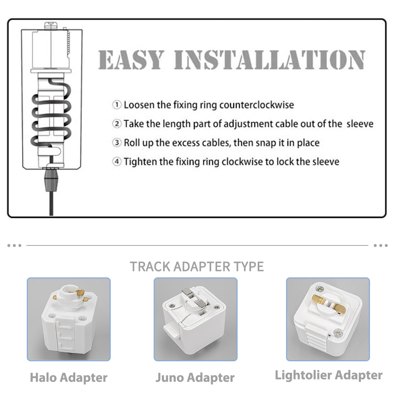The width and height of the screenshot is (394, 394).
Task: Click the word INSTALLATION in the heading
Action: pyautogui.click(x=269, y=59)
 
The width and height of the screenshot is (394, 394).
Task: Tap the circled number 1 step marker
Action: pyautogui.click(x=117, y=105)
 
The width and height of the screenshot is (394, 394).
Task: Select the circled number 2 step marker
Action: pyautogui.click(x=117, y=124)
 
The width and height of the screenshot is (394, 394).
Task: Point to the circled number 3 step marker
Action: pyautogui.click(x=117, y=143)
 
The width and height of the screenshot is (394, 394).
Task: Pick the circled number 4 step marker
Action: pyautogui.click(x=117, y=162)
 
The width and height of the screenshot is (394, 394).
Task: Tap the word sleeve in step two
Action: pyautogui.click(x=360, y=124)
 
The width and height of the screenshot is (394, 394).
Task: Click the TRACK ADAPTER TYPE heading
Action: pyautogui.click(x=197, y=267)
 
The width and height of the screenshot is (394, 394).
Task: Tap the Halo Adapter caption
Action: pyautogui.click(x=69, y=377)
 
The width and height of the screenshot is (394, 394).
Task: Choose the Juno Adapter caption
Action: pyautogui.click(x=195, y=377)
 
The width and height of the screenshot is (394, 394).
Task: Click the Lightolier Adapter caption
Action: pyautogui.click(x=329, y=375)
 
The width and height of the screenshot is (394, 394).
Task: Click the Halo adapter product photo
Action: pyautogui.click(x=69, y=319)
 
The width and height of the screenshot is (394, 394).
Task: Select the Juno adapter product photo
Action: pyautogui.click(x=195, y=319)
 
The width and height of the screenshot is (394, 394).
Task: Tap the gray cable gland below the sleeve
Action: pyautogui.click(x=51, y=180)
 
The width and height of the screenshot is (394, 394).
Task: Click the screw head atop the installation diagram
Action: pyautogui.click(x=51, y=25)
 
